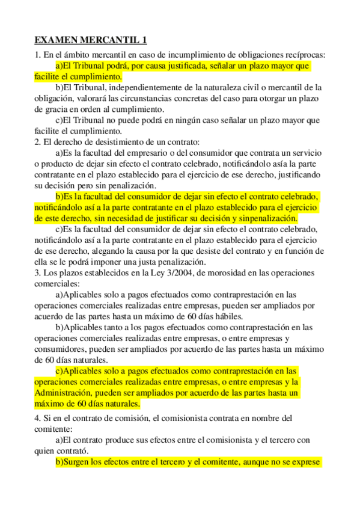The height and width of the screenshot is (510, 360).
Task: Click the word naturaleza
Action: click(x=251, y=88)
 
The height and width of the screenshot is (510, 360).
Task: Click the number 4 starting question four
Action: click(x=37, y=417)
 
